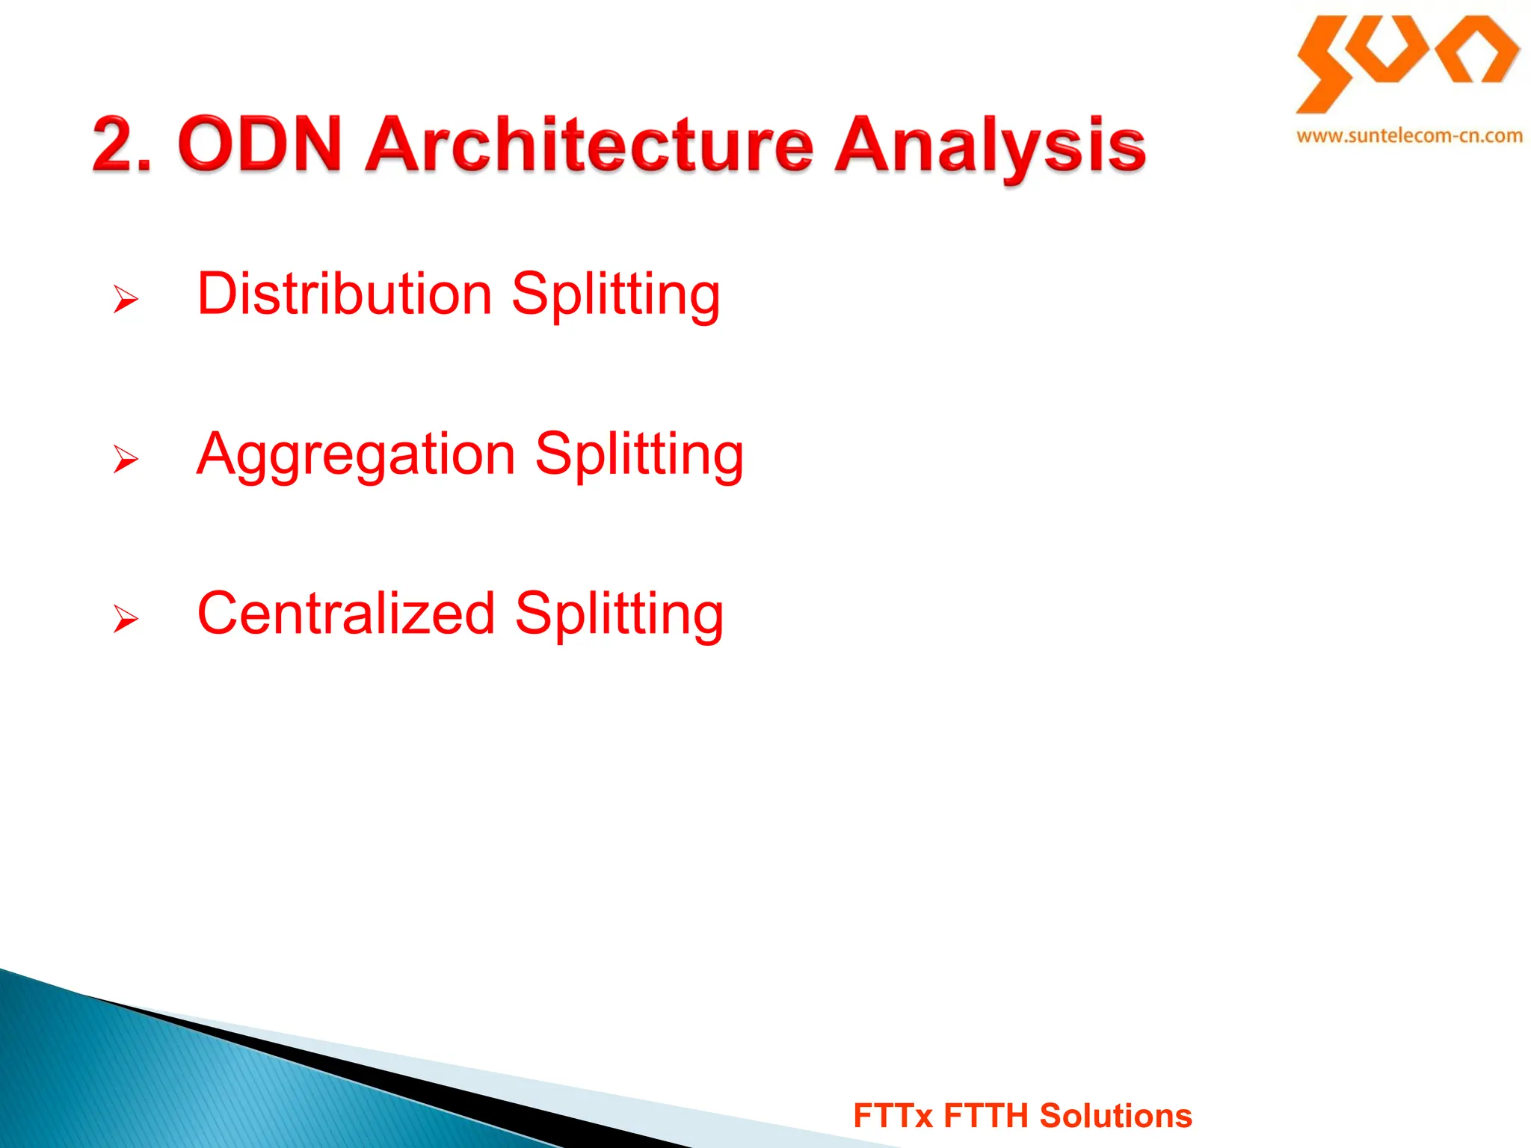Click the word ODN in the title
(259, 143)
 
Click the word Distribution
(345, 294)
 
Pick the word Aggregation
(357, 454)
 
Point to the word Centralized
(346, 614)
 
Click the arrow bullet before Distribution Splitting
(126, 300)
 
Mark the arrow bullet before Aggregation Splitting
(126, 459)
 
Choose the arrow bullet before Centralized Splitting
(126, 619)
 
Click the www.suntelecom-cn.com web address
(1409, 136)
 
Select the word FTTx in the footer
(893, 1116)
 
